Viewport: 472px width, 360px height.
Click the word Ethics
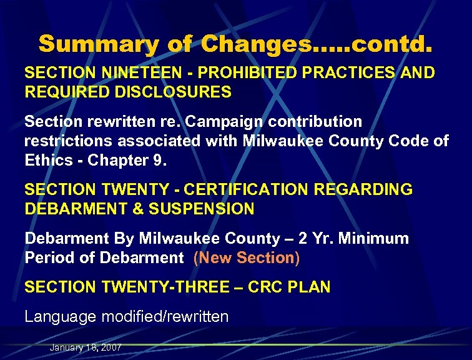tap(51, 161)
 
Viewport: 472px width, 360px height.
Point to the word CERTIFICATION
tap(245, 189)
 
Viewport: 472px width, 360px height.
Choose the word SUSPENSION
tap(201, 209)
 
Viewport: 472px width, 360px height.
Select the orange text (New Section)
tap(247, 257)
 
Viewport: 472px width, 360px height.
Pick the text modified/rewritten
tap(167, 317)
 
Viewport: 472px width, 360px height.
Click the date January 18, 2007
tap(86, 347)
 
